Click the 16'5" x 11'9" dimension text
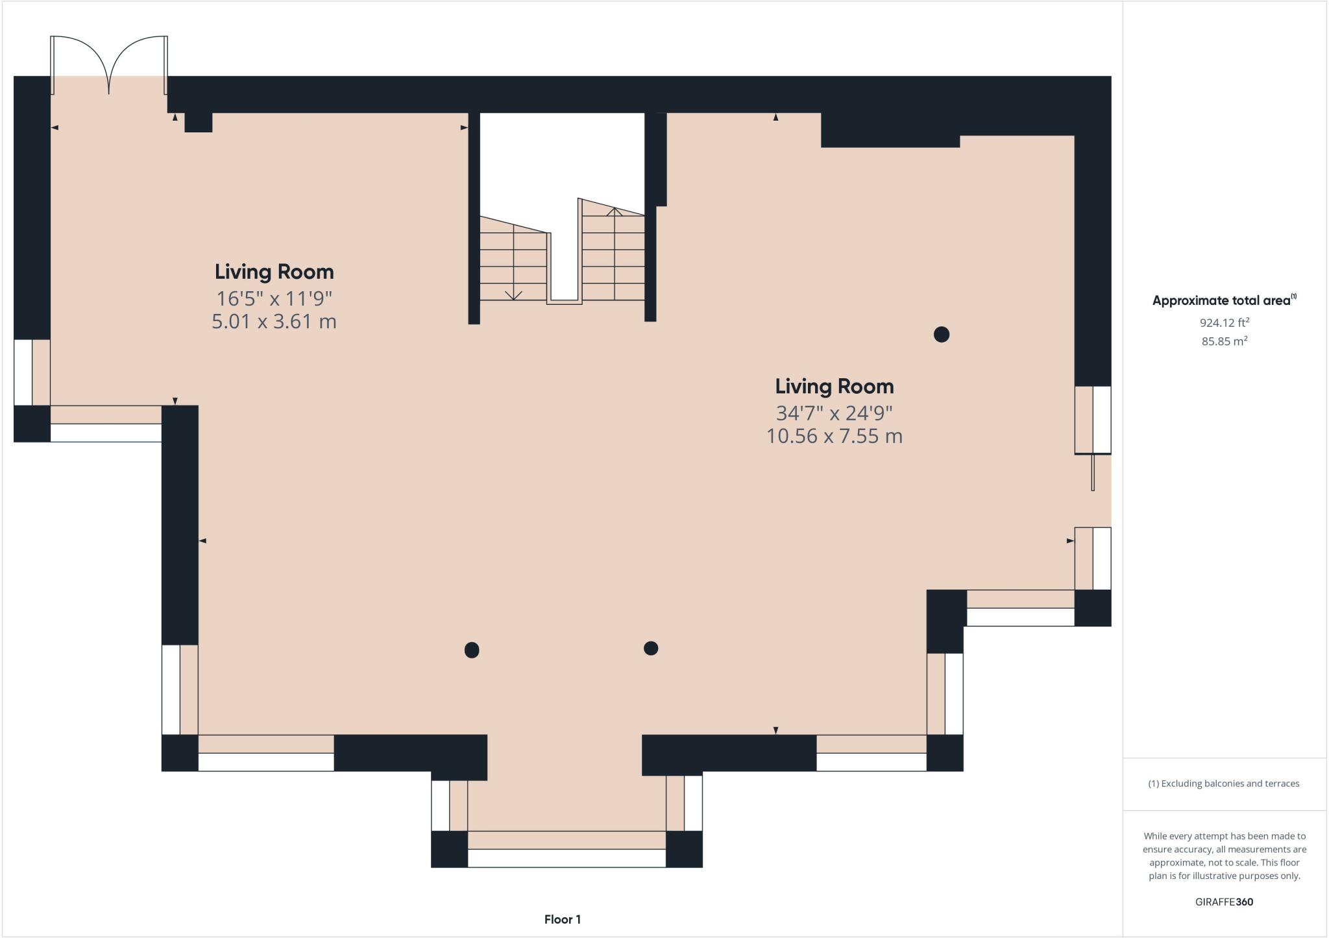tap(274, 298)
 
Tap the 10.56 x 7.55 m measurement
tap(834, 436)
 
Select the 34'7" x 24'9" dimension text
tap(834, 413)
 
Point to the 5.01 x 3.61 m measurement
tap(274, 322)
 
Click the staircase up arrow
tap(614, 211)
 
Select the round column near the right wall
tap(941, 334)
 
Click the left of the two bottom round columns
tap(472, 649)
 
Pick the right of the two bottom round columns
tap(651, 648)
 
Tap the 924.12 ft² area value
tap(1224, 322)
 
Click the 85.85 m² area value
tap(1224, 341)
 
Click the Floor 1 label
tap(562, 919)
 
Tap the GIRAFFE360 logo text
tap(1224, 902)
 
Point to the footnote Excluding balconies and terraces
tap(1224, 784)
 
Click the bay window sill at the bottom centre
tap(567, 858)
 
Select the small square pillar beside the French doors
tap(199, 122)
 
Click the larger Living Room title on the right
tap(834, 387)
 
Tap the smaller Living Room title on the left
tap(274, 272)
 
